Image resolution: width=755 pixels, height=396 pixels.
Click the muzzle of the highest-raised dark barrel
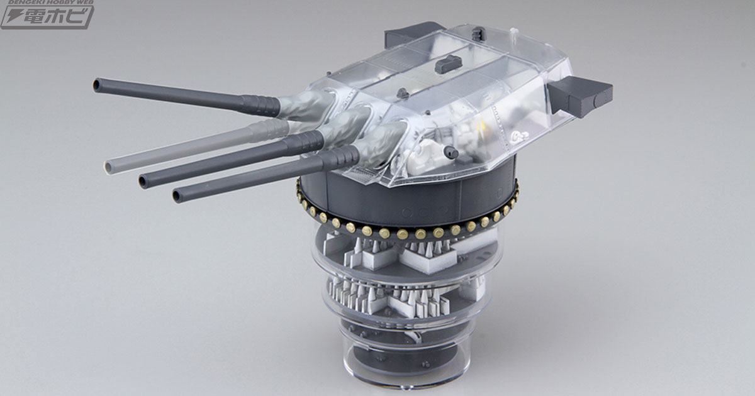point(98,84)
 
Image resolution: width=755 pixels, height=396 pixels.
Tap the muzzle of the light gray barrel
point(109,167)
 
